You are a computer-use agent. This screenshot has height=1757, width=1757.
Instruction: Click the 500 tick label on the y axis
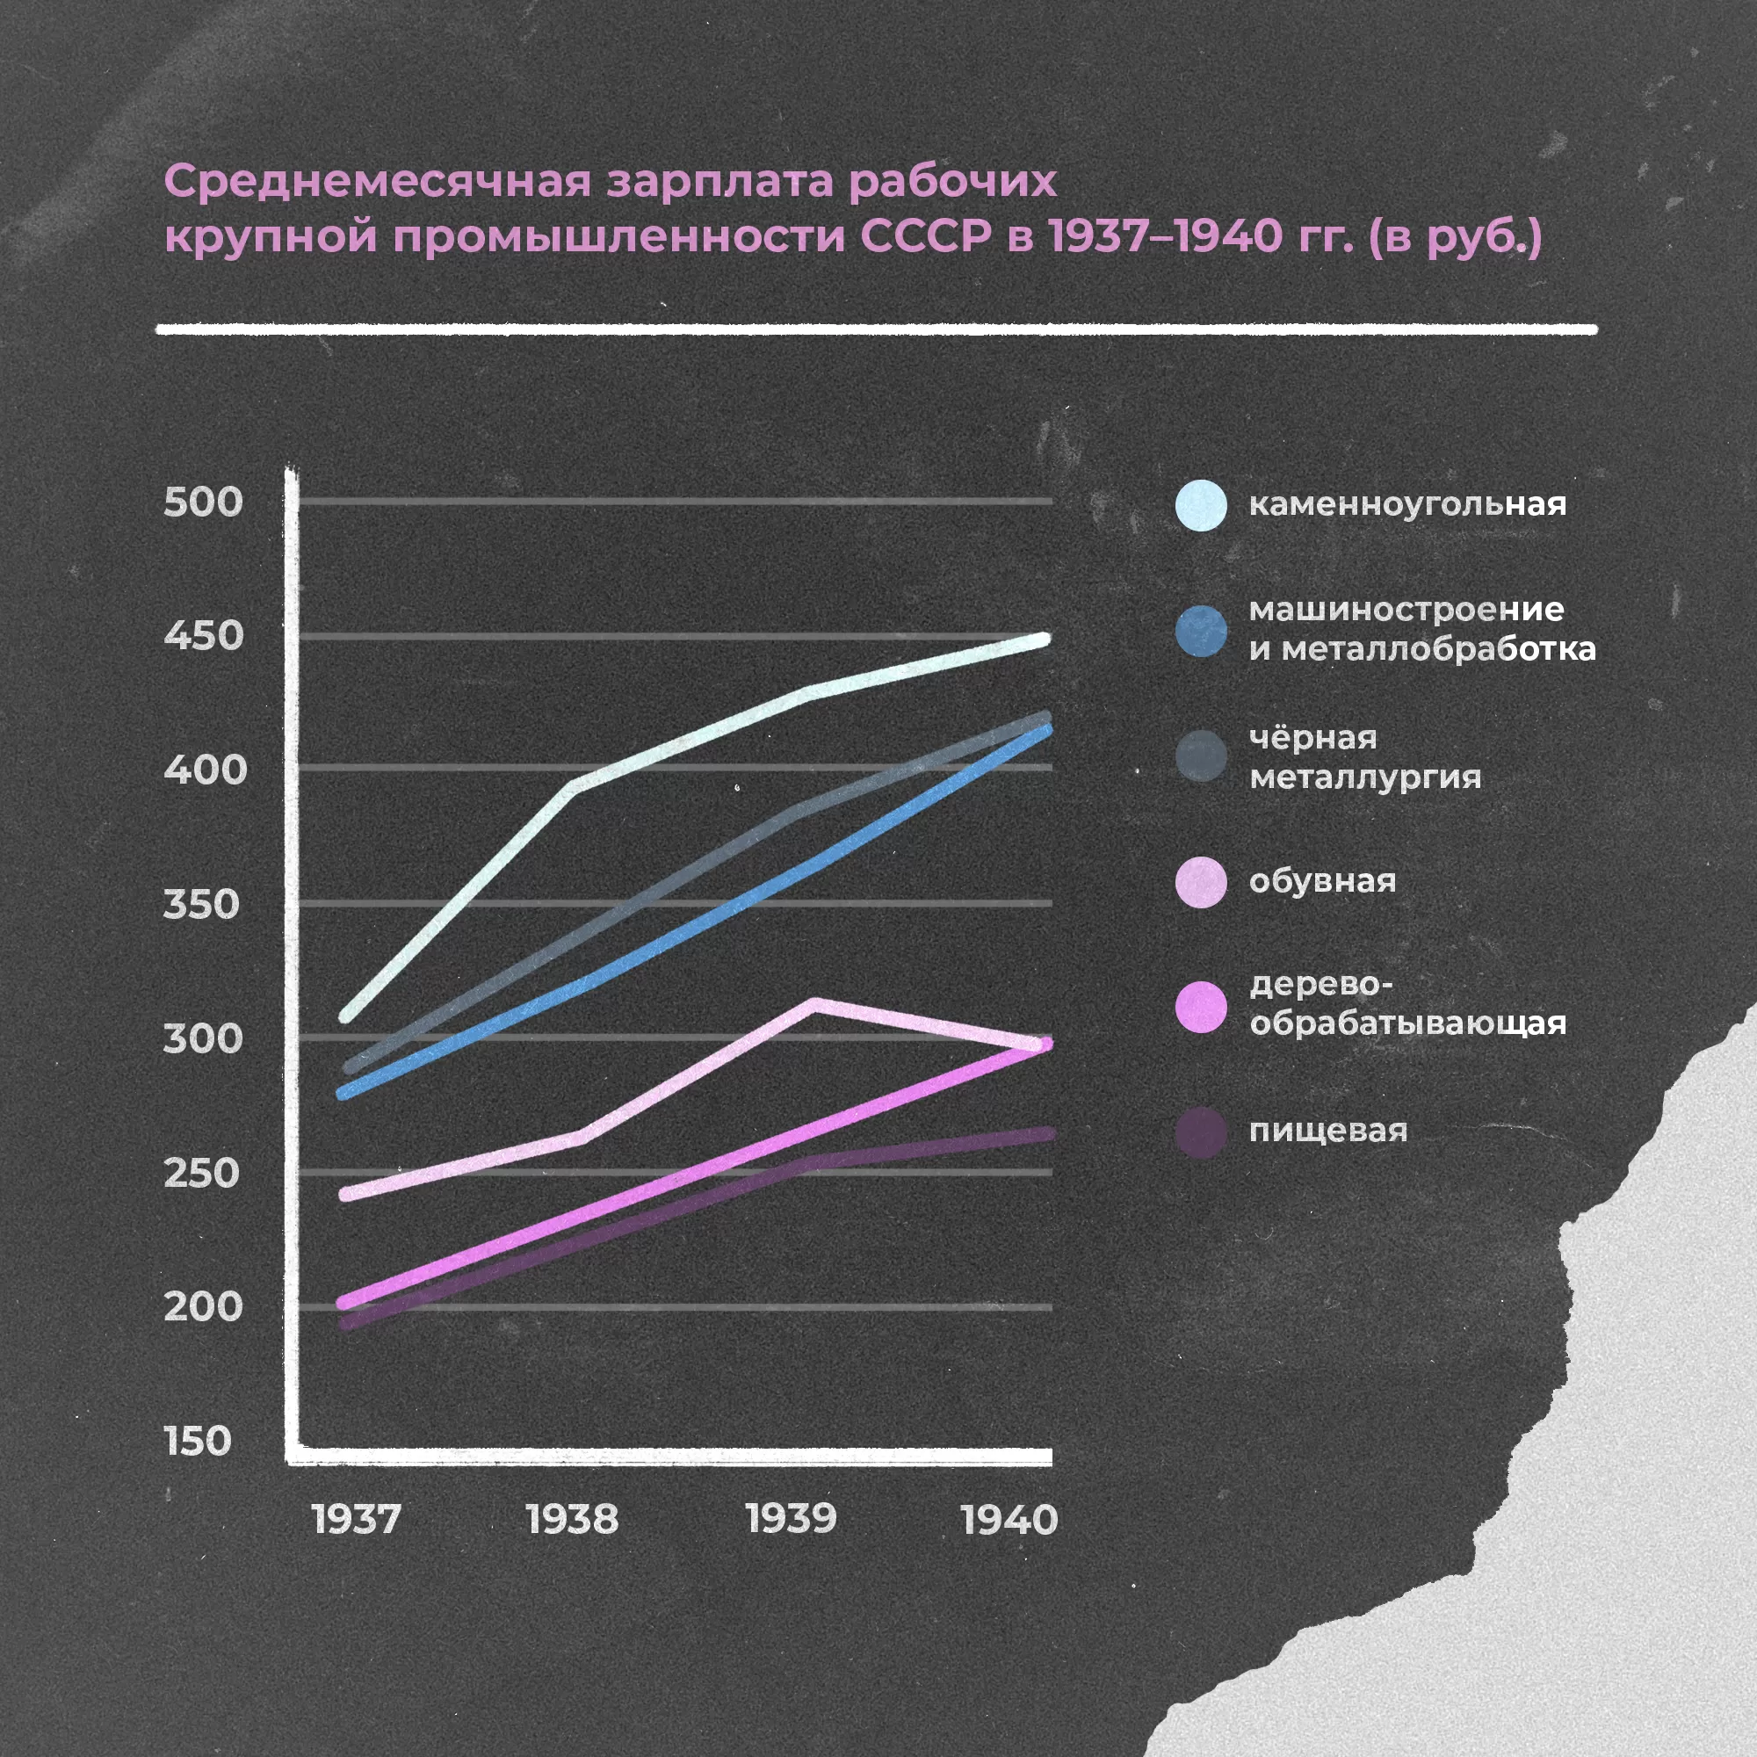(x=203, y=502)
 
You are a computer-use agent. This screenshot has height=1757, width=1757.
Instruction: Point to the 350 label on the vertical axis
(x=201, y=905)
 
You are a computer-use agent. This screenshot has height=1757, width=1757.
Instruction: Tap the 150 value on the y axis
(x=198, y=1442)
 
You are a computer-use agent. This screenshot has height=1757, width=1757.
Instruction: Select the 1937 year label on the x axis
(x=356, y=1520)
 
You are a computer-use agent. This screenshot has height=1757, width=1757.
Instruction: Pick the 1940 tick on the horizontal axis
(x=1009, y=1520)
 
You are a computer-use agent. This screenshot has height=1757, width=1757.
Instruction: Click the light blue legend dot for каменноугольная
(x=1200, y=505)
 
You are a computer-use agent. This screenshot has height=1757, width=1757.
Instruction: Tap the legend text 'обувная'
(x=1322, y=880)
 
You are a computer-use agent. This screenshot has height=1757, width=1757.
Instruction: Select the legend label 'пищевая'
(x=1327, y=1131)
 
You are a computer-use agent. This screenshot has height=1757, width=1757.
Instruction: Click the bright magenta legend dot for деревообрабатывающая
(x=1200, y=1007)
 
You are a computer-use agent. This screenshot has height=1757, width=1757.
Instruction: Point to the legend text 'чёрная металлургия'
(x=1364, y=756)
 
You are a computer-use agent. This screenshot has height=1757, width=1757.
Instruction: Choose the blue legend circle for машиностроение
(x=1200, y=631)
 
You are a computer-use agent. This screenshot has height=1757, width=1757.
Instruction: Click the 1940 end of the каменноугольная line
(x=1044, y=640)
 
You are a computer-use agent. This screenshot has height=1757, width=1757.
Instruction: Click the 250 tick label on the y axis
(x=201, y=1173)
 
